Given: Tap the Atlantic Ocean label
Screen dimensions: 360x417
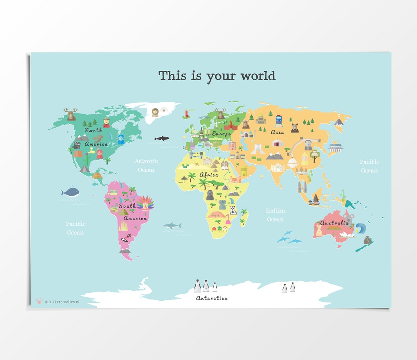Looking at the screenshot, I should tap(146, 165).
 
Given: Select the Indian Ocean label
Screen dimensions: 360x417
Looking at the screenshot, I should tap(275, 215).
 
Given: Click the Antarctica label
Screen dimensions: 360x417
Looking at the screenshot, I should tap(212, 298).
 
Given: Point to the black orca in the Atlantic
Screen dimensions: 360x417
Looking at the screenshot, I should tap(161, 138).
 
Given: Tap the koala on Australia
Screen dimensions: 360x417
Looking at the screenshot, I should tap(349, 218).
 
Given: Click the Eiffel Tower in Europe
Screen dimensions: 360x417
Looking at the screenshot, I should tap(201, 133).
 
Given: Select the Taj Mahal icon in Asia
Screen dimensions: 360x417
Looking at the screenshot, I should tap(277, 167).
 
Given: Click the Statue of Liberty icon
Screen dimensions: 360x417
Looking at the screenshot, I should tap(121, 139).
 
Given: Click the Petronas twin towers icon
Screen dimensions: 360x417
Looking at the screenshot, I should tap(301, 186).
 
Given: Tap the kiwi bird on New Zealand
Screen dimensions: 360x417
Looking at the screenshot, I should tap(367, 240).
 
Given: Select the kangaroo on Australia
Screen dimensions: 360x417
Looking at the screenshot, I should tap(319, 230).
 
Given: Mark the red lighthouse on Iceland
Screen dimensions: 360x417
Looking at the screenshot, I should tap(186, 113).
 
